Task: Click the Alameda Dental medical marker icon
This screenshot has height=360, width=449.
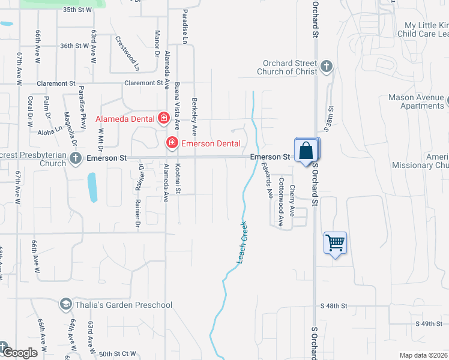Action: (163, 118)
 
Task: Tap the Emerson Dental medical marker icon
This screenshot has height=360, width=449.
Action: (172, 143)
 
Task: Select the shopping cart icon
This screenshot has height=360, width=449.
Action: (335, 243)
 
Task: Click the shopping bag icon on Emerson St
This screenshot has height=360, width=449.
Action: (306, 150)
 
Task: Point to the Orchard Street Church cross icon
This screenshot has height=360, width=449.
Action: (326, 66)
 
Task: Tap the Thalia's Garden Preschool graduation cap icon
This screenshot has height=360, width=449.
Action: (64, 305)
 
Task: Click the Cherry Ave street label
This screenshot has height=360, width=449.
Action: (292, 200)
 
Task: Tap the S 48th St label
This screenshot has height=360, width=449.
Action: (334, 306)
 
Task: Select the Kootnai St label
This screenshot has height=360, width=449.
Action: (178, 178)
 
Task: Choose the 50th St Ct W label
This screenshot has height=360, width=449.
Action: (118, 353)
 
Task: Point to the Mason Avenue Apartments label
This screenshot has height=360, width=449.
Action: (416, 101)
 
